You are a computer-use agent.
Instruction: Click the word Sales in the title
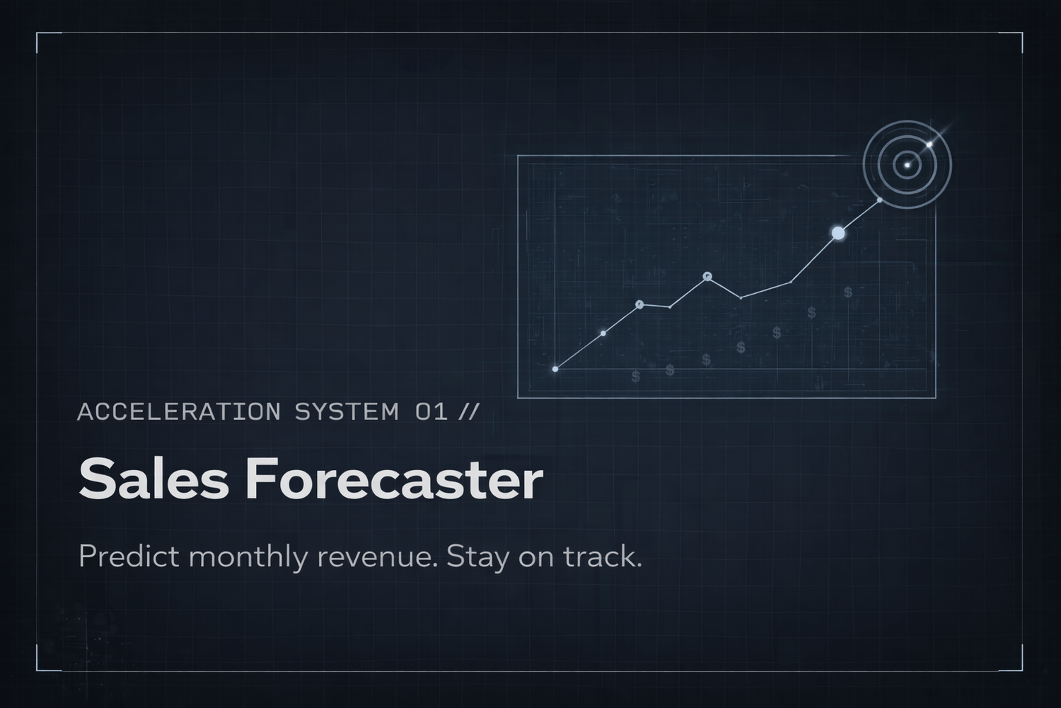click(x=153, y=479)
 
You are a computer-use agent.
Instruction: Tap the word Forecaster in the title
click(x=394, y=479)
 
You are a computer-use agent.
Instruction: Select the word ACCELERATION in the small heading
click(x=179, y=411)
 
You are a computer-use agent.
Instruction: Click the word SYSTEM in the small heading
click(x=347, y=411)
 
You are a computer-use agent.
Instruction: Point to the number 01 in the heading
click(x=431, y=411)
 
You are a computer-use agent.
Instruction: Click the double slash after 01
click(x=468, y=411)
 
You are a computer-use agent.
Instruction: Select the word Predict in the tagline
click(x=128, y=556)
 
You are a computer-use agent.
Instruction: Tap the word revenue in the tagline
click(x=375, y=556)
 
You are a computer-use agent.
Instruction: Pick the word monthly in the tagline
click(x=248, y=556)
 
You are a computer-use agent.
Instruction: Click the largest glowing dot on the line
click(x=838, y=233)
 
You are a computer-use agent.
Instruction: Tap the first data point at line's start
click(x=555, y=369)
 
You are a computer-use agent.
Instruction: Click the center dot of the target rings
click(x=908, y=166)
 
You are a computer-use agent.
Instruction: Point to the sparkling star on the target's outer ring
click(x=930, y=144)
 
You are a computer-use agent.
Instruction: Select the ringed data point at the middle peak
click(x=707, y=277)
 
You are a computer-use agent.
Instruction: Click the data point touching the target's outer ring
click(x=879, y=200)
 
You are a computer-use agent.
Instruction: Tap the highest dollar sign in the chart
click(x=847, y=292)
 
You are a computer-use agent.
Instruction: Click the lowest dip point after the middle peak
click(x=741, y=298)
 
